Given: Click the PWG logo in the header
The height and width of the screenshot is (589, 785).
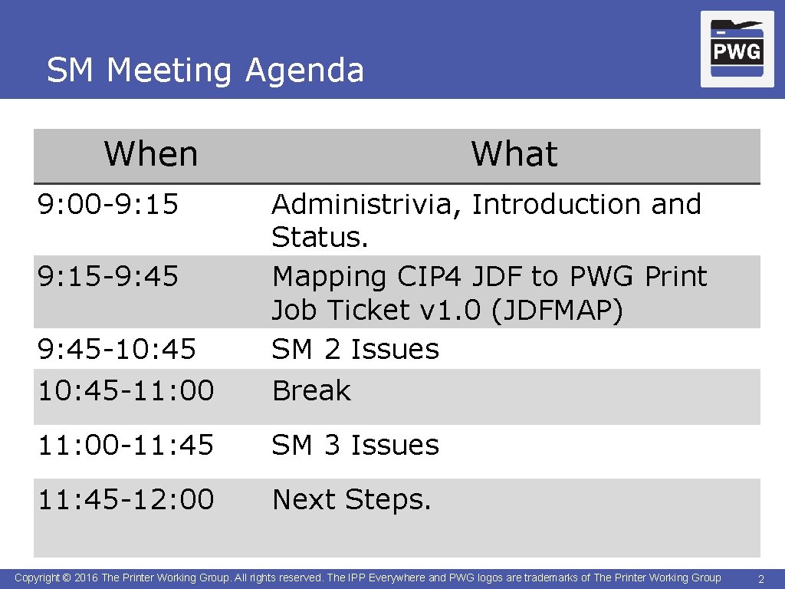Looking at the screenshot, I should pyautogui.click(x=737, y=50).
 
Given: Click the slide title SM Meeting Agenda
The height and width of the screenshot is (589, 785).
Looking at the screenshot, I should pyautogui.click(x=205, y=71).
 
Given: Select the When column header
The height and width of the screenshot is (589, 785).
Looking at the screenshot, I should pyautogui.click(x=151, y=153).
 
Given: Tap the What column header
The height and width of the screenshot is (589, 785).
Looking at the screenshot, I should pyautogui.click(x=514, y=153).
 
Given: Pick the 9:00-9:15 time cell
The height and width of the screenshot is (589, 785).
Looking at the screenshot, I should pyautogui.click(x=108, y=204).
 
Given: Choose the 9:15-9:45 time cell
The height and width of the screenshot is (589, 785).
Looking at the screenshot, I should pyautogui.click(x=108, y=276).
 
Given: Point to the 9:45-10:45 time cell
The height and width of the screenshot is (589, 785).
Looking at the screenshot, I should pyautogui.click(x=117, y=350).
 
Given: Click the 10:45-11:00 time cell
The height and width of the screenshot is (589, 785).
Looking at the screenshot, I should pyautogui.click(x=126, y=390).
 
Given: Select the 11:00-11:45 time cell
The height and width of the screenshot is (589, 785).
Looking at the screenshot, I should pyautogui.click(x=126, y=445).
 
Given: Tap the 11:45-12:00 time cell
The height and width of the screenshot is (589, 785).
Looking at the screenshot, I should pyautogui.click(x=126, y=499).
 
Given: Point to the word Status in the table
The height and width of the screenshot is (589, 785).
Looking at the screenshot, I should pyautogui.click(x=316, y=238).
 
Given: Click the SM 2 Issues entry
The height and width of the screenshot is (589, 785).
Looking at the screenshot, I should pyautogui.click(x=356, y=350).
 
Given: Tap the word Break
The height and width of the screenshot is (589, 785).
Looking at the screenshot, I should pyautogui.click(x=311, y=391).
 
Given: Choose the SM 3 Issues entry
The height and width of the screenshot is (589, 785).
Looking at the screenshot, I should pyautogui.click(x=356, y=445).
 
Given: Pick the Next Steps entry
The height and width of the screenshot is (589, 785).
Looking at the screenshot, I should pyautogui.click(x=352, y=500).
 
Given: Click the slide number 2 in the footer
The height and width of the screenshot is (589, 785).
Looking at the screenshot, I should pyautogui.click(x=760, y=578).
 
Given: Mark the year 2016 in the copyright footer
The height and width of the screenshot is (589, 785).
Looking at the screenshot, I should pyautogui.click(x=87, y=577).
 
